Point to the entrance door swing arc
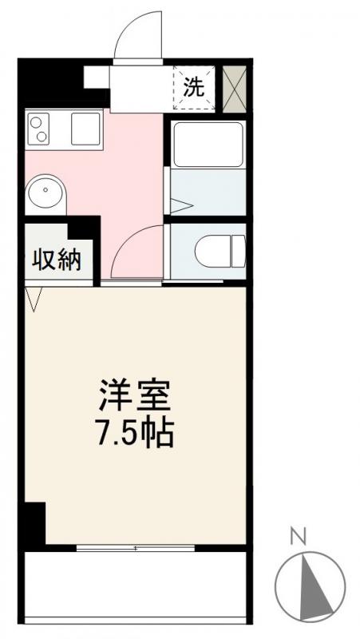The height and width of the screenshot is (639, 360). [x=137, y=38]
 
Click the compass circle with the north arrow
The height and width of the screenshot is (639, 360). [x=310, y=585]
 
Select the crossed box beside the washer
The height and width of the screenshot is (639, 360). [x=235, y=87]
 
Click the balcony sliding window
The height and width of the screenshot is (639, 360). [x=136, y=548]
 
